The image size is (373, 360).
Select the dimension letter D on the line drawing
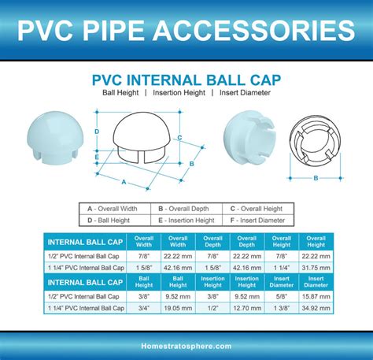[x=95, y=131]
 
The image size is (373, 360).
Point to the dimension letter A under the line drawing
[x=123, y=181]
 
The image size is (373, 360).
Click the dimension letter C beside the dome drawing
[x=179, y=136]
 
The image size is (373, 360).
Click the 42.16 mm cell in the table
[x=178, y=267]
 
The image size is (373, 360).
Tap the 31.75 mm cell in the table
[x=316, y=267]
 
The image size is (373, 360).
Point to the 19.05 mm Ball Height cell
[x=178, y=310]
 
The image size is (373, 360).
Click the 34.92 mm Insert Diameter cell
[x=316, y=310]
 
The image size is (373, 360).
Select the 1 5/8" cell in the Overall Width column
[x=144, y=267]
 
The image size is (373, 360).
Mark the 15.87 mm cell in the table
[x=316, y=297]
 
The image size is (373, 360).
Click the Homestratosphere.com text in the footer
[x=186, y=346]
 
